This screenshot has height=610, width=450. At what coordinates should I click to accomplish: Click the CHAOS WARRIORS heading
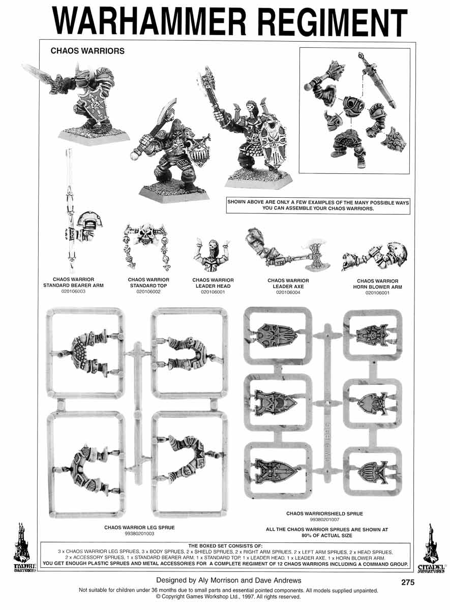[87, 51]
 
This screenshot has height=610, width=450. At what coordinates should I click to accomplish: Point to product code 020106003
[73, 291]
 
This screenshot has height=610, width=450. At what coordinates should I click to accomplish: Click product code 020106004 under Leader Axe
[288, 292]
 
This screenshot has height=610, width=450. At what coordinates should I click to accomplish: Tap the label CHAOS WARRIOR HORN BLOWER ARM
[377, 284]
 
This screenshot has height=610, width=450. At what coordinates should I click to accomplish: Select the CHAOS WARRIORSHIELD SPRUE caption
[324, 513]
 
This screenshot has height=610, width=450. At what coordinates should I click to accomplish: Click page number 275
[407, 582]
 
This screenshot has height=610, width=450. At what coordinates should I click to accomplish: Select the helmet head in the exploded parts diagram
[353, 105]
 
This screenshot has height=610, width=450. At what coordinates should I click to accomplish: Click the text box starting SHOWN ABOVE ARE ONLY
[318, 205]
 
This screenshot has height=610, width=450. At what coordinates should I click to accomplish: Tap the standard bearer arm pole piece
[70, 211]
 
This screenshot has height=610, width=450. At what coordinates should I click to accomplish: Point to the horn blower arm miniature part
[375, 257]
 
